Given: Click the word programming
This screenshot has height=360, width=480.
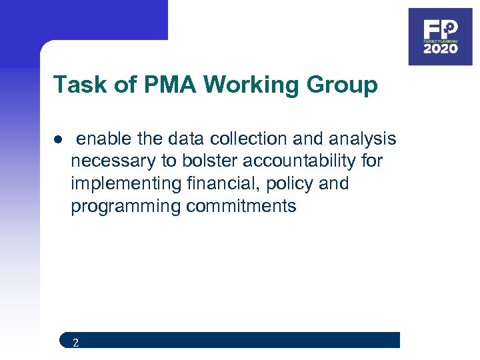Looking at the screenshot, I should click(125, 206).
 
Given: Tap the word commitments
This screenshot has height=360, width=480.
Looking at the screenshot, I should click(241, 206).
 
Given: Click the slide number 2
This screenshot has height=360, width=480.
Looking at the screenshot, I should click(75, 343).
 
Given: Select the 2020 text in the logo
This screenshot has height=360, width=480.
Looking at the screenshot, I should click(440, 49).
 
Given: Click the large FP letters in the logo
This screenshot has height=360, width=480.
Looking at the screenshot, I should click(440, 29).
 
